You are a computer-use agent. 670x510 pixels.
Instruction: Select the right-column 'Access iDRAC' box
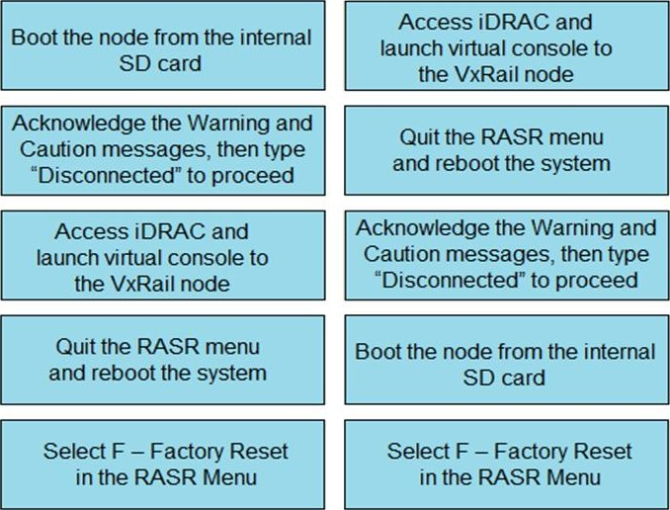[507, 47]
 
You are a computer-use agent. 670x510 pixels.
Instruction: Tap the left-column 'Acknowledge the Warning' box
[163, 148]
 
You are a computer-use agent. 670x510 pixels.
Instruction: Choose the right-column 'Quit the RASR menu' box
[507, 149]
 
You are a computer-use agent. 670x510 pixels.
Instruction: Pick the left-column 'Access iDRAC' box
[163, 256]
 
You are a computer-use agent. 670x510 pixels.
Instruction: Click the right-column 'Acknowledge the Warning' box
[507, 254]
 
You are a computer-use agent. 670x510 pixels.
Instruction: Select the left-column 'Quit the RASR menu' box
[163, 360]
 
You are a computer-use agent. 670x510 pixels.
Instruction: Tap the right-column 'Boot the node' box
[507, 364]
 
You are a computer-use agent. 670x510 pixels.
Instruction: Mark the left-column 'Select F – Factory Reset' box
[163, 464]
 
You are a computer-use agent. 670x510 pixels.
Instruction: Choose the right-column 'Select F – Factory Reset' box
[507, 464]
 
